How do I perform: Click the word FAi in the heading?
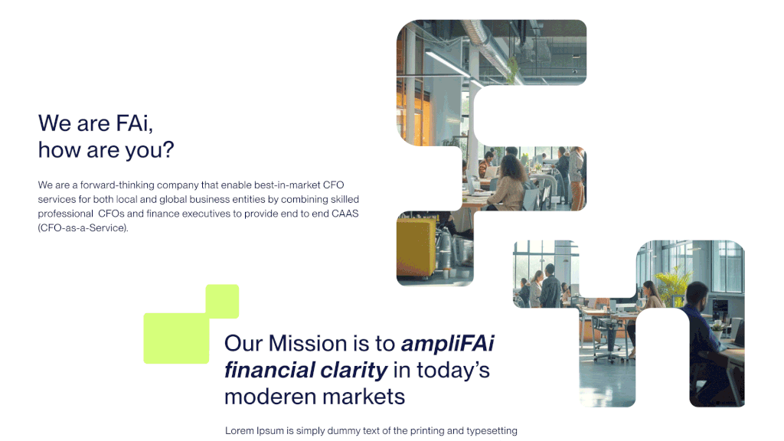coord(134,123)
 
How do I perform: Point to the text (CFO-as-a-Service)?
coord(83,228)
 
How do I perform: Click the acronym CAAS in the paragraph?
coord(345,214)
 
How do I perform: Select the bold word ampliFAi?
coord(447,344)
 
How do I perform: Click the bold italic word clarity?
coord(354,371)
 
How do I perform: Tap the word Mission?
coord(308,344)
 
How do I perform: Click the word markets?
coord(364,397)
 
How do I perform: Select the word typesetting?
coord(492,431)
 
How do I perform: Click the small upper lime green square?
coord(222,302)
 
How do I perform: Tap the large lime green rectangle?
coord(176,338)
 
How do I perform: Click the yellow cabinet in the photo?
coord(415,247)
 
